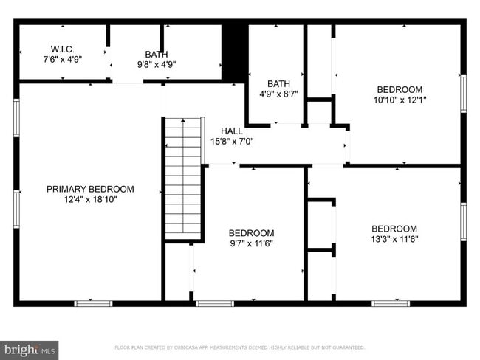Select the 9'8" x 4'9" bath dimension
tap(156, 64)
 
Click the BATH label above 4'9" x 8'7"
tap(278, 84)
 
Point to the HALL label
tap(231, 131)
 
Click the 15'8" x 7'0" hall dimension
tap(231, 142)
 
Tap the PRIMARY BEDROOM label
tap(90, 189)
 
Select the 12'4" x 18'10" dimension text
tap(90, 199)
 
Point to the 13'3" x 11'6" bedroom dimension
tap(394, 239)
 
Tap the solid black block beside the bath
tap(234, 52)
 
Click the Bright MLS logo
tap(30, 349)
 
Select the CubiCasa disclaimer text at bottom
tap(239, 347)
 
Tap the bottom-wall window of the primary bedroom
tap(94, 302)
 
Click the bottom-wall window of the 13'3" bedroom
tap(391, 302)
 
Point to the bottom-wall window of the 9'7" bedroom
tap(215, 302)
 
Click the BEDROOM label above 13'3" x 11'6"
tap(394, 229)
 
